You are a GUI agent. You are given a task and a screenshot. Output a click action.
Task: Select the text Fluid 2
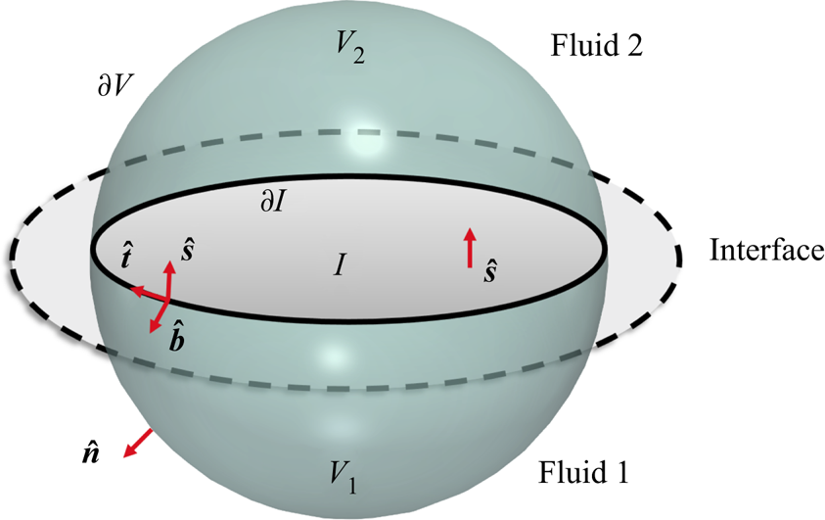(597, 45)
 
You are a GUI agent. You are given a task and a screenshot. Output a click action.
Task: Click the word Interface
(765, 251)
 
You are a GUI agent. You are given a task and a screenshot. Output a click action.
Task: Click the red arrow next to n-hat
(136, 442)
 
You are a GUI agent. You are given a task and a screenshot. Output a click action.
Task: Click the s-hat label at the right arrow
(490, 271)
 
